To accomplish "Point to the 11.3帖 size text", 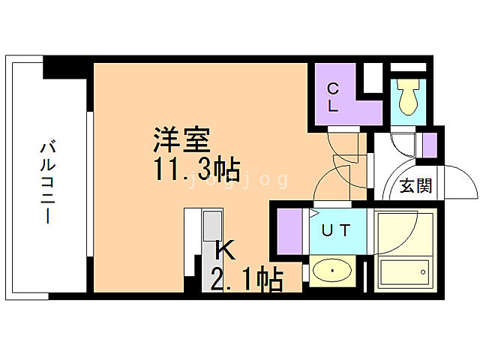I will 197,169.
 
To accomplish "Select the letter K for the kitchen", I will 225,250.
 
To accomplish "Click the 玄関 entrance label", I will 415,185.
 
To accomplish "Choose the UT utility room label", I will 334,231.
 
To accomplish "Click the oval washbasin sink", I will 332,271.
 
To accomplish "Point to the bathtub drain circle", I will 424,272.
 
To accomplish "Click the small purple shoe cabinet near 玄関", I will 430,144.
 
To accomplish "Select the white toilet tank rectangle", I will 408,78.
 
